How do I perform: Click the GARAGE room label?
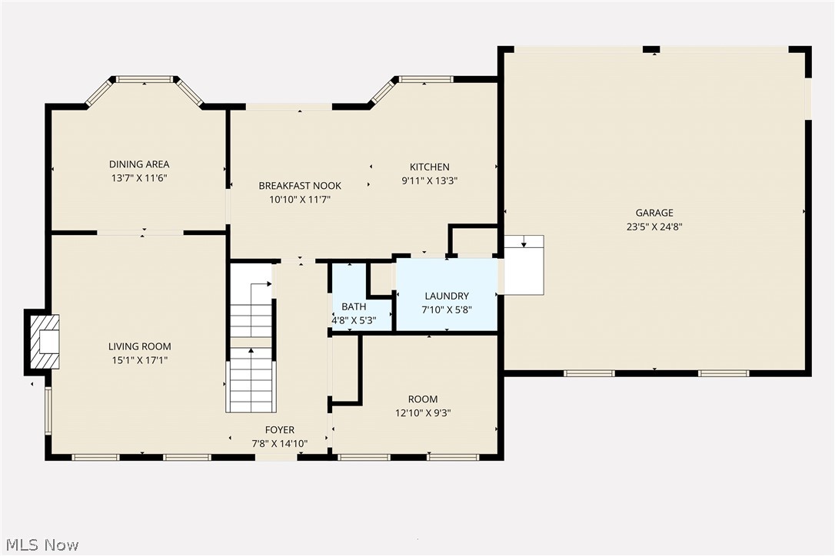tap(654, 213)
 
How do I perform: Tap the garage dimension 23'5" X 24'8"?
tap(654, 227)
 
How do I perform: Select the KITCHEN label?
tap(429, 167)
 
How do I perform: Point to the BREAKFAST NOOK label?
tap(300, 186)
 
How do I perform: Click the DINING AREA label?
tap(138, 164)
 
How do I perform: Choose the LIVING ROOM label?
tap(139, 346)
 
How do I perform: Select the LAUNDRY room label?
tap(447, 296)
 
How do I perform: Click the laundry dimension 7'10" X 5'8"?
tap(447, 309)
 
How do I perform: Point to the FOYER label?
tap(279, 430)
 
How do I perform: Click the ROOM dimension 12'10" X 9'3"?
tap(423, 412)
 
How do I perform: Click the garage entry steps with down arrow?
tap(524, 264)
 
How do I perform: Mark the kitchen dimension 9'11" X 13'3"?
tap(429, 180)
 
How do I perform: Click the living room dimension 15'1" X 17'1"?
tap(139, 359)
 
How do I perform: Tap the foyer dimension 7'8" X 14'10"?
tap(279, 443)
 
